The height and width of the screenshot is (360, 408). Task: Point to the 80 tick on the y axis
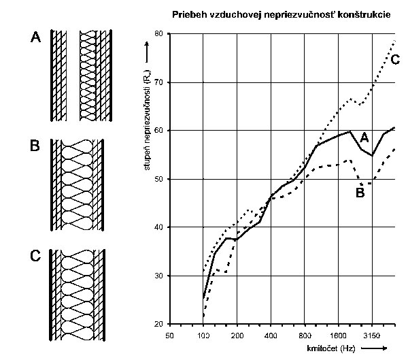(x=158, y=33)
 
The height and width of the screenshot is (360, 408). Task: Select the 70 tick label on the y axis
(x=158, y=82)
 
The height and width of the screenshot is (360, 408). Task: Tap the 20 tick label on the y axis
(x=158, y=324)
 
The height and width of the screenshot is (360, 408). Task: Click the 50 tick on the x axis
(x=169, y=336)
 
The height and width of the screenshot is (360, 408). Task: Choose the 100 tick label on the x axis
(x=203, y=336)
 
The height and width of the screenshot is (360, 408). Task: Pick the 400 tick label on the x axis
(x=271, y=336)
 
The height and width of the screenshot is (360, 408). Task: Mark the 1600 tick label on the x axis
(x=339, y=336)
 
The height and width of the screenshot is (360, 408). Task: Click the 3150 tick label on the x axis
(x=372, y=336)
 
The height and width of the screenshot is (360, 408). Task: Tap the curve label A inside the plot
(x=364, y=137)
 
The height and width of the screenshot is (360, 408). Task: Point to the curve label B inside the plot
(x=361, y=193)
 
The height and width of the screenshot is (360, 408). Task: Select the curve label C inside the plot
(x=394, y=61)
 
